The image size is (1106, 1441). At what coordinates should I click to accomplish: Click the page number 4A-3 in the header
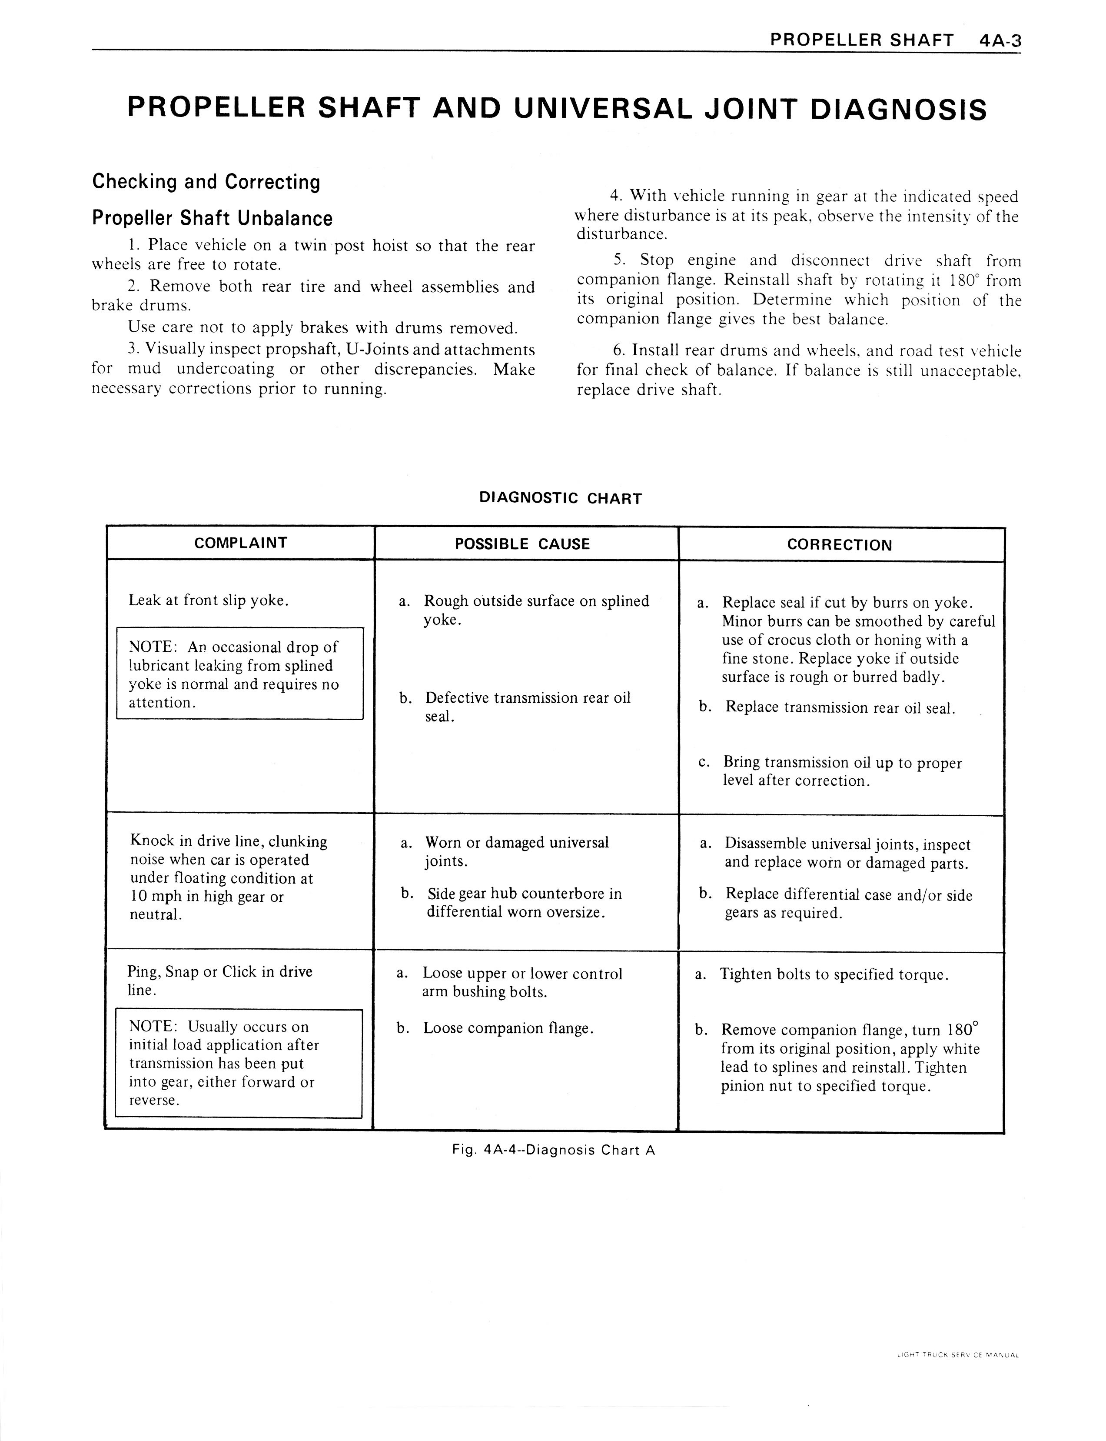coord(1000,41)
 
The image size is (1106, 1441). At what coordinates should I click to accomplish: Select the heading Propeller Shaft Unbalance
coord(212,218)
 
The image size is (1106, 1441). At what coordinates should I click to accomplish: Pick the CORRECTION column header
coord(839,545)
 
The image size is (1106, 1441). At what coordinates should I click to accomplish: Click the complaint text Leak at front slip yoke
coord(209,600)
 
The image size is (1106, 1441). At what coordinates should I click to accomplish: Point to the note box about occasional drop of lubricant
coord(239,673)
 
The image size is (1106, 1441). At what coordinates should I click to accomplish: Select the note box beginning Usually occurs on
coord(238,1063)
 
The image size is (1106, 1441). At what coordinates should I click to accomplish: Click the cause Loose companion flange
coord(508,1028)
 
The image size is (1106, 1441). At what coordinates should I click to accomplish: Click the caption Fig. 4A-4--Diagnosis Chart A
coord(553,1150)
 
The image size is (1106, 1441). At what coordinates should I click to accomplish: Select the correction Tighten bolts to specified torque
coord(834,974)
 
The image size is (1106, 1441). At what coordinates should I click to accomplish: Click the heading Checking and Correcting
coord(206,181)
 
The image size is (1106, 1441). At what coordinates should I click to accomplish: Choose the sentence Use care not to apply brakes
coord(322,327)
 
